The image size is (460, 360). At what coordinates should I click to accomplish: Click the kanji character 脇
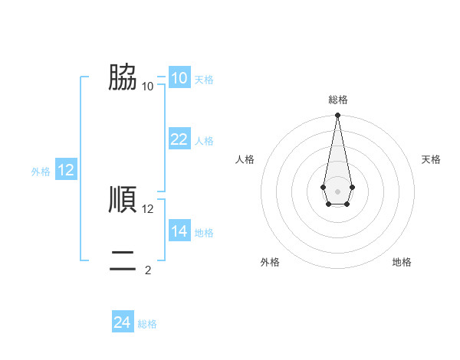[x=123, y=77]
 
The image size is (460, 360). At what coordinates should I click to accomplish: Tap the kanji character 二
[x=123, y=260]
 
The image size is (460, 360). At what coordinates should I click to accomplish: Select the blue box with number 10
[x=179, y=78]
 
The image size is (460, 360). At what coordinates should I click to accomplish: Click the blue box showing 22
[x=179, y=139]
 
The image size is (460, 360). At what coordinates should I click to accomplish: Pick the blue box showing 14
[x=179, y=231]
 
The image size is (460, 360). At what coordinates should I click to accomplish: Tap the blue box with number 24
[x=122, y=322]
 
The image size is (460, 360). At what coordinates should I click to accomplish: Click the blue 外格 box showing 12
[x=65, y=170]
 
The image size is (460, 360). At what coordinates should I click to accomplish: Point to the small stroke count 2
[x=148, y=270]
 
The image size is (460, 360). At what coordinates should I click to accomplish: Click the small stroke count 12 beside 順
[x=148, y=208]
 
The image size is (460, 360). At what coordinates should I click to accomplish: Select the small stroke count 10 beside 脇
[x=148, y=86]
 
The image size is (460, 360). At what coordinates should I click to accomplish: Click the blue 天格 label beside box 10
[x=204, y=80]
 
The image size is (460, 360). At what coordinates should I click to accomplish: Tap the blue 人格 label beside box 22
[x=204, y=141]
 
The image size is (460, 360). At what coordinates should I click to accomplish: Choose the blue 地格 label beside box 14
[x=204, y=232]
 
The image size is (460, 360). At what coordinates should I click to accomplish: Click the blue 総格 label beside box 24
[x=147, y=324]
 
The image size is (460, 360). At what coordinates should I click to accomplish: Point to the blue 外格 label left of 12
[x=41, y=172]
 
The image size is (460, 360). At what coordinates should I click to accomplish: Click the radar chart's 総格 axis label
[x=338, y=100]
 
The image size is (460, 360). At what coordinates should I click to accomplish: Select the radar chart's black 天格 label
[x=432, y=159]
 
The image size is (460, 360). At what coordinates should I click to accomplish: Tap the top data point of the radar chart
[x=337, y=116]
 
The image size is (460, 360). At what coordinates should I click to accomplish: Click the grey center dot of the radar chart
[x=337, y=191]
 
